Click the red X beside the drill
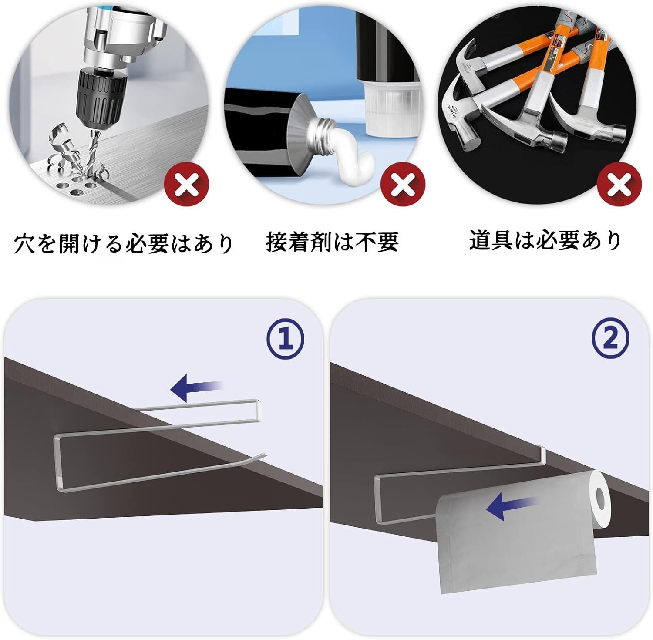click(187, 185)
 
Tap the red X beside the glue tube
click(403, 185)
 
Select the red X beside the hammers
click(619, 185)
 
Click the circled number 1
click(285, 340)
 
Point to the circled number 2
click(611, 340)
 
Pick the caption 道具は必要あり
click(545, 240)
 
